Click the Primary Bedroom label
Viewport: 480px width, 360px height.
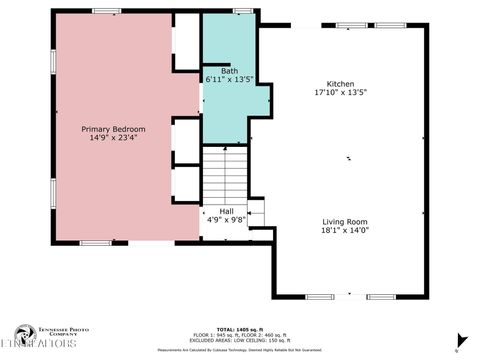tap(113, 129)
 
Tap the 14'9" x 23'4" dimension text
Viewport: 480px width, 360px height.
tap(113, 138)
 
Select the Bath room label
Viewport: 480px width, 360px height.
tap(229, 71)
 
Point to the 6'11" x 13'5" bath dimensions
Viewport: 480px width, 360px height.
tap(229, 79)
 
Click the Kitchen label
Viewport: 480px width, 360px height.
tap(341, 84)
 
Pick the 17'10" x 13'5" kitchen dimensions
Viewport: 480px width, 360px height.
tap(341, 92)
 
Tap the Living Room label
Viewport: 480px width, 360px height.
tap(345, 221)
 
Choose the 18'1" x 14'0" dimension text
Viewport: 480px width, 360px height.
tap(345, 229)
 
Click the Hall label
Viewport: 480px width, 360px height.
tap(226, 211)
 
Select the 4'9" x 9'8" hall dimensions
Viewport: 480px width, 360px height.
tap(226, 219)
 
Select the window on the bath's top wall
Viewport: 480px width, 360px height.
tap(241, 11)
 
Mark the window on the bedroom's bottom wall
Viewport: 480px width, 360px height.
tap(95, 242)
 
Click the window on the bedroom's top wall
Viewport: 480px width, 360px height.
tap(105, 11)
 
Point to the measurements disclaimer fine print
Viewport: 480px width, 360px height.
tap(240, 350)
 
